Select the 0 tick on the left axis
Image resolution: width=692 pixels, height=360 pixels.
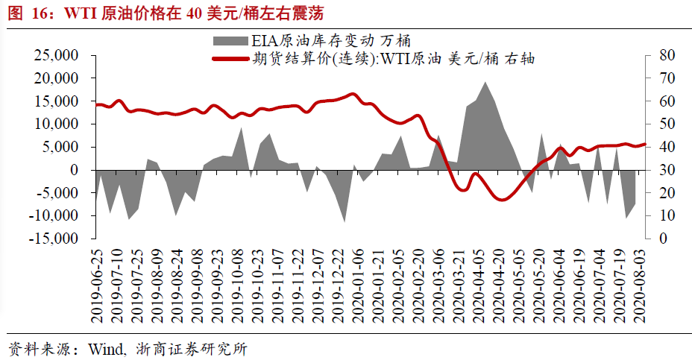(75, 170)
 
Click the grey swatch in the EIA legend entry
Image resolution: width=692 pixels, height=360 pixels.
(231, 40)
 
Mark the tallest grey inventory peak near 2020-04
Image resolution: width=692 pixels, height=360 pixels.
(485, 83)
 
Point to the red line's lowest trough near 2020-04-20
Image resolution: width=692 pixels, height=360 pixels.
(502, 199)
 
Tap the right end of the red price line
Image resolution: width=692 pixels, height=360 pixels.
(645, 145)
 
